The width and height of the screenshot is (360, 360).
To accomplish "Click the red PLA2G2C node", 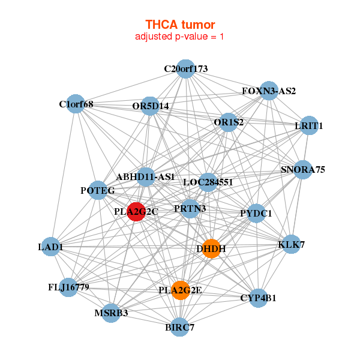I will point(136,212).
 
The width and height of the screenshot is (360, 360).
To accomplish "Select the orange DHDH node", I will point(211,248).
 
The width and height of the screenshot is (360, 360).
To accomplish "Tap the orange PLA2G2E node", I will point(180,290).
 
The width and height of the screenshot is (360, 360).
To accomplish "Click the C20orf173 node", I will point(186,69).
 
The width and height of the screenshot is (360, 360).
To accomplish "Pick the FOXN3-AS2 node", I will point(269,91).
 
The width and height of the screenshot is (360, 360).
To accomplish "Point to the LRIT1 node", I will point(309,126).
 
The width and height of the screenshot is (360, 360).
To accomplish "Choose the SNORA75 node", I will point(303,170).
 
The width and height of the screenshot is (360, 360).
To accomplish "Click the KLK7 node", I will point(292,245).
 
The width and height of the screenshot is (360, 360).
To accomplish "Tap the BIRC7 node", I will point(180,327).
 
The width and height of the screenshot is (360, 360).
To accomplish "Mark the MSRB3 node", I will point(111,313).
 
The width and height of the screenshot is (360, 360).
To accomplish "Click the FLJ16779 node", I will point(68,287).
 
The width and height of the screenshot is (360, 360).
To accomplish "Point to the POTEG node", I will point(97,191).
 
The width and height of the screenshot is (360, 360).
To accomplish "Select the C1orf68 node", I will point(76,104).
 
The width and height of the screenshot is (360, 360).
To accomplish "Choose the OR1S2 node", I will point(229,122).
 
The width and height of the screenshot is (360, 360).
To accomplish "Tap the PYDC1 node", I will point(256,213).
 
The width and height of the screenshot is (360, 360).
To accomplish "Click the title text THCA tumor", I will point(180,25).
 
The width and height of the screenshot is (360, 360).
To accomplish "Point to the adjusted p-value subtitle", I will point(180,37).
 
